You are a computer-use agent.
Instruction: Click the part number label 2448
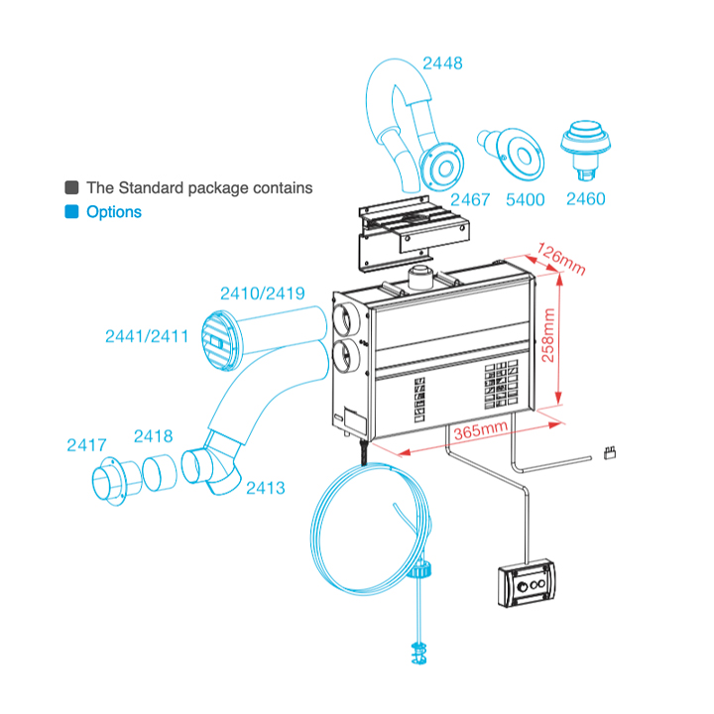click(x=441, y=64)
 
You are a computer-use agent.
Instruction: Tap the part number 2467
click(x=470, y=199)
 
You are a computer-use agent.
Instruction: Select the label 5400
click(x=525, y=199)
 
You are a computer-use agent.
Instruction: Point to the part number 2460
click(x=585, y=199)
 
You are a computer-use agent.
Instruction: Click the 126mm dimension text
click(x=561, y=257)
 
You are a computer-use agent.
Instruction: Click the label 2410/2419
click(x=262, y=294)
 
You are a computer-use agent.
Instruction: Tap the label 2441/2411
click(x=147, y=336)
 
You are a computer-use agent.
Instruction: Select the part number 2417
click(x=86, y=445)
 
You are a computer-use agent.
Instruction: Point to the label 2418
click(x=153, y=435)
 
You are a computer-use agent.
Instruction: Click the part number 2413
click(x=266, y=487)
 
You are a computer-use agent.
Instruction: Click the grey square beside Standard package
click(x=71, y=187)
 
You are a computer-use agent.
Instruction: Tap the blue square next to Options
click(x=71, y=212)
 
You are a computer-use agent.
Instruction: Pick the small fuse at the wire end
click(x=612, y=455)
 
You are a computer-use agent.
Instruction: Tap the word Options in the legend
click(x=114, y=212)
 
